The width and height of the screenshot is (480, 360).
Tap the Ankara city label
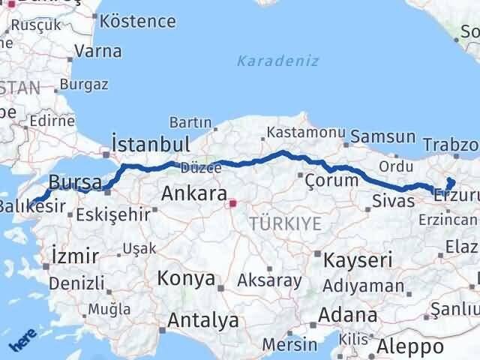click(194, 195)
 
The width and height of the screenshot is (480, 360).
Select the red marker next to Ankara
click(233, 202)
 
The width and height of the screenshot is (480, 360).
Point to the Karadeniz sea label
click(277, 61)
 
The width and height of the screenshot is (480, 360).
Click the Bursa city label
click(73, 182)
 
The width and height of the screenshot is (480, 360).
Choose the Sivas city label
click(393, 201)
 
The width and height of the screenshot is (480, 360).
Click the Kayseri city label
click(358, 260)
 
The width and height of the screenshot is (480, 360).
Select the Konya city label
click(186, 279)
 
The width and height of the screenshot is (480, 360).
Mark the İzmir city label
click(75, 256)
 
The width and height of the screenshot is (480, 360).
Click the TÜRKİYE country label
click(286, 223)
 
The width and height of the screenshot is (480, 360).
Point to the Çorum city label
click(331, 180)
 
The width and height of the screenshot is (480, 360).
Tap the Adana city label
click(349, 315)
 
